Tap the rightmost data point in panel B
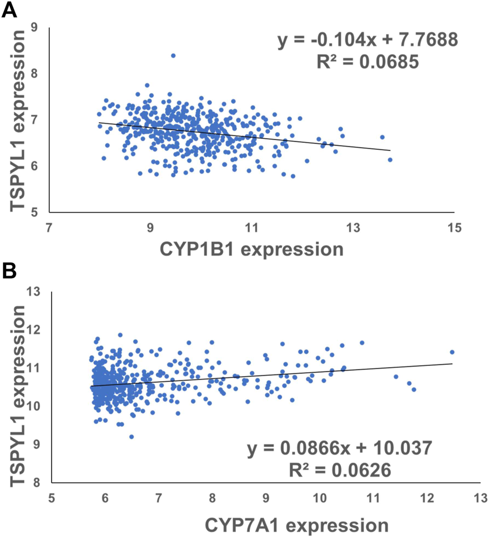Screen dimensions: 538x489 (x=452, y=352)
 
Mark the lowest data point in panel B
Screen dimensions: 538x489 (x=132, y=437)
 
